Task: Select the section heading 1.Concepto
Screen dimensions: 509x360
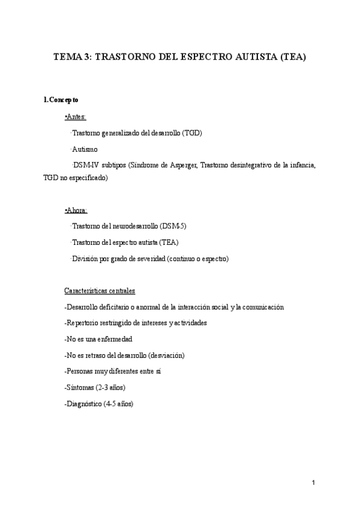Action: point(61,100)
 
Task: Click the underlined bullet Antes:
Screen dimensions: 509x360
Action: point(75,116)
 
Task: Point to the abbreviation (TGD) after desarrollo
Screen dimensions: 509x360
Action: point(191,133)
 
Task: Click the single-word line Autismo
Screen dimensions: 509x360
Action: point(85,149)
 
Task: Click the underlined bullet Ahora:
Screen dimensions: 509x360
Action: point(76,210)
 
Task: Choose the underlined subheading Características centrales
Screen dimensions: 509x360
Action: point(100,291)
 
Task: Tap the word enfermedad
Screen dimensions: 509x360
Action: point(115,339)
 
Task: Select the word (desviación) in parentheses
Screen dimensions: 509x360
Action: point(163,355)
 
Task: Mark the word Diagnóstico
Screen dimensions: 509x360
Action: point(83,404)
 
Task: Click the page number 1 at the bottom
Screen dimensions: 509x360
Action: point(314,483)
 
